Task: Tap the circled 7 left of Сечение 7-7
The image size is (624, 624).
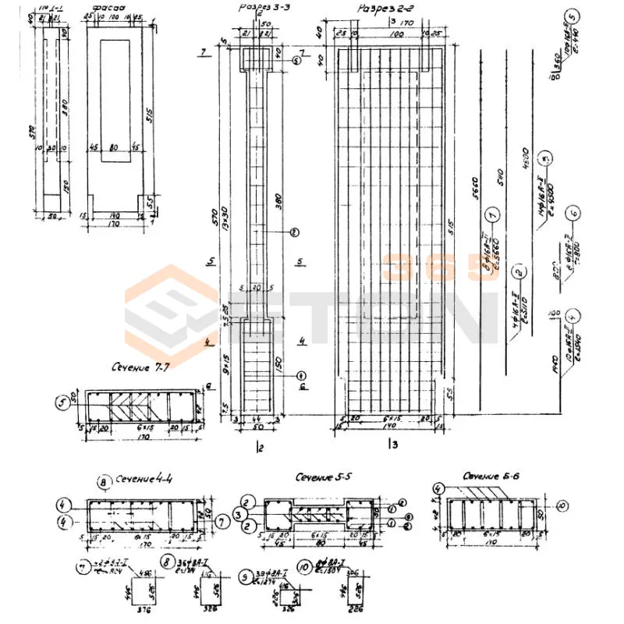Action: [62, 403]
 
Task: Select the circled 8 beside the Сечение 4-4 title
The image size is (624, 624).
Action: [102, 482]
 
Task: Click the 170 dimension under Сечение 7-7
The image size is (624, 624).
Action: [142, 438]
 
